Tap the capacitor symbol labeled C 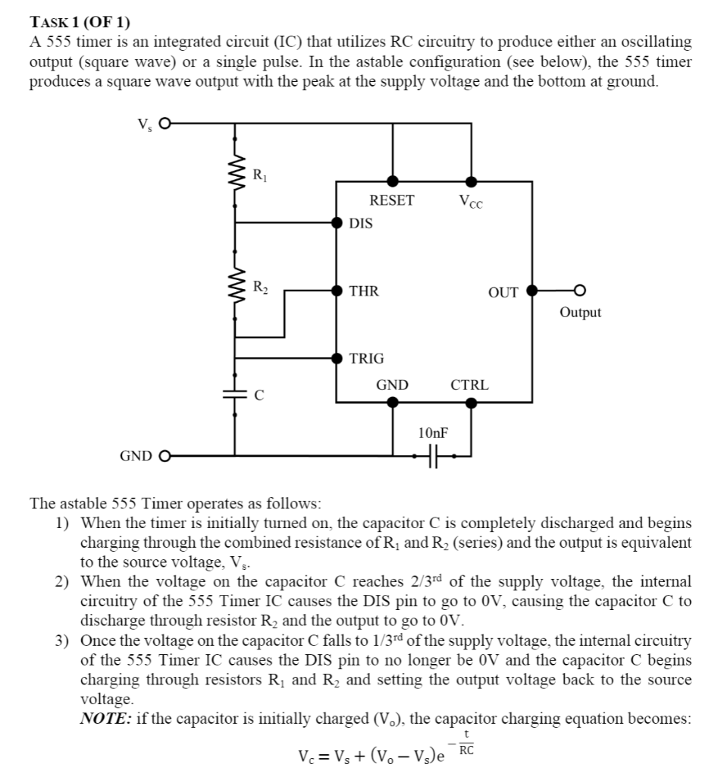point(234,395)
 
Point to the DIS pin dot point(337,222)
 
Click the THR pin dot point(337,290)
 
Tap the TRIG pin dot point(337,357)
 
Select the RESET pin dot point(392,181)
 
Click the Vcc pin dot point(471,181)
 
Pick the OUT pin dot point(532,290)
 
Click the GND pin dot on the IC point(392,402)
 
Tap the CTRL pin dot point(471,402)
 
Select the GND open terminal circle point(162,456)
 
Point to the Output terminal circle point(580,290)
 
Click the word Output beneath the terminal point(580,313)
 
